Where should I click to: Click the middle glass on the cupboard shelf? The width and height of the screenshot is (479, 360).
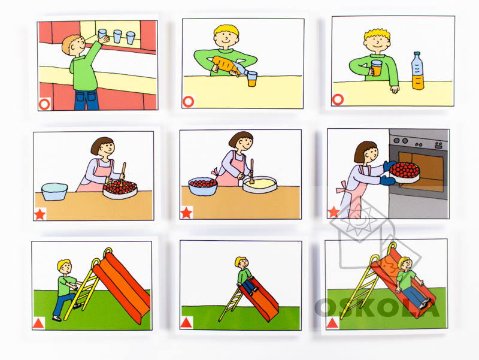[x=117, y=36]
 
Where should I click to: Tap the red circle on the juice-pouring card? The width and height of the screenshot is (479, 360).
[x=188, y=101]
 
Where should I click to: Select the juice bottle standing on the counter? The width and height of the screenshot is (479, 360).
[x=417, y=71]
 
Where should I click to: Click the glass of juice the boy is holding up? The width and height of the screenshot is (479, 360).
[x=377, y=68]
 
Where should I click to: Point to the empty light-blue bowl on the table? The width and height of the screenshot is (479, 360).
[x=54, y=192]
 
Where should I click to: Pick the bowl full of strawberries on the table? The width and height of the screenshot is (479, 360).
[x=203, y=186]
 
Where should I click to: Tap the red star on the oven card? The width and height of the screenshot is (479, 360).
[x=334, y=212]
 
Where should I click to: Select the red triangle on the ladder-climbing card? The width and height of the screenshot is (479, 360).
[x=38, y=323]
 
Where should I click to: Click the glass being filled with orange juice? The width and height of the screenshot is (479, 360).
[x=252, y=79]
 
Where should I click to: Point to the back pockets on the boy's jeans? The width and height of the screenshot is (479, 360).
[x=87, y=96]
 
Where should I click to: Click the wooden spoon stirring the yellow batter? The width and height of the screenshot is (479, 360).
[x=251, y=171]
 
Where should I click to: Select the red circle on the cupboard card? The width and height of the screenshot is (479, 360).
[x=44, y=104]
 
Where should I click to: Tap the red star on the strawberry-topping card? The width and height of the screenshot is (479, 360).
[x=40, y=214]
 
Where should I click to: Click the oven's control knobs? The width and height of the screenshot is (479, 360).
[x=401, y=141]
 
